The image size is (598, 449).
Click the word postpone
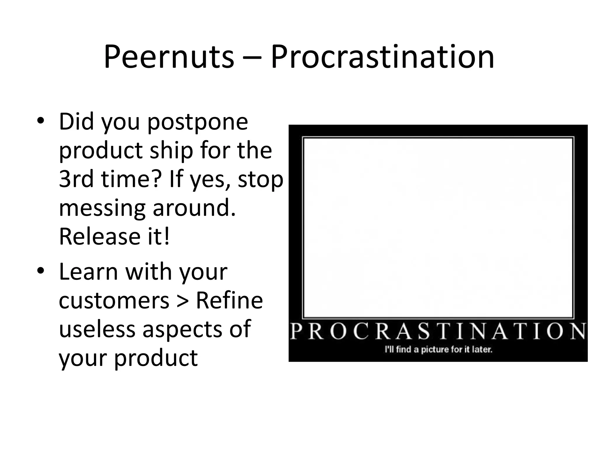coord(197,122)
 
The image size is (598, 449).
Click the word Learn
coord(88,272)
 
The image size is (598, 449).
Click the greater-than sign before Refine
coord(183,301)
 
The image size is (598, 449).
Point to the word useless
coord(97,329)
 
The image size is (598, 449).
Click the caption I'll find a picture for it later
coord(438,349)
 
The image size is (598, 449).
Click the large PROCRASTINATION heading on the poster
coord(438,331)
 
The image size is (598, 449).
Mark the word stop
coord(260,179)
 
